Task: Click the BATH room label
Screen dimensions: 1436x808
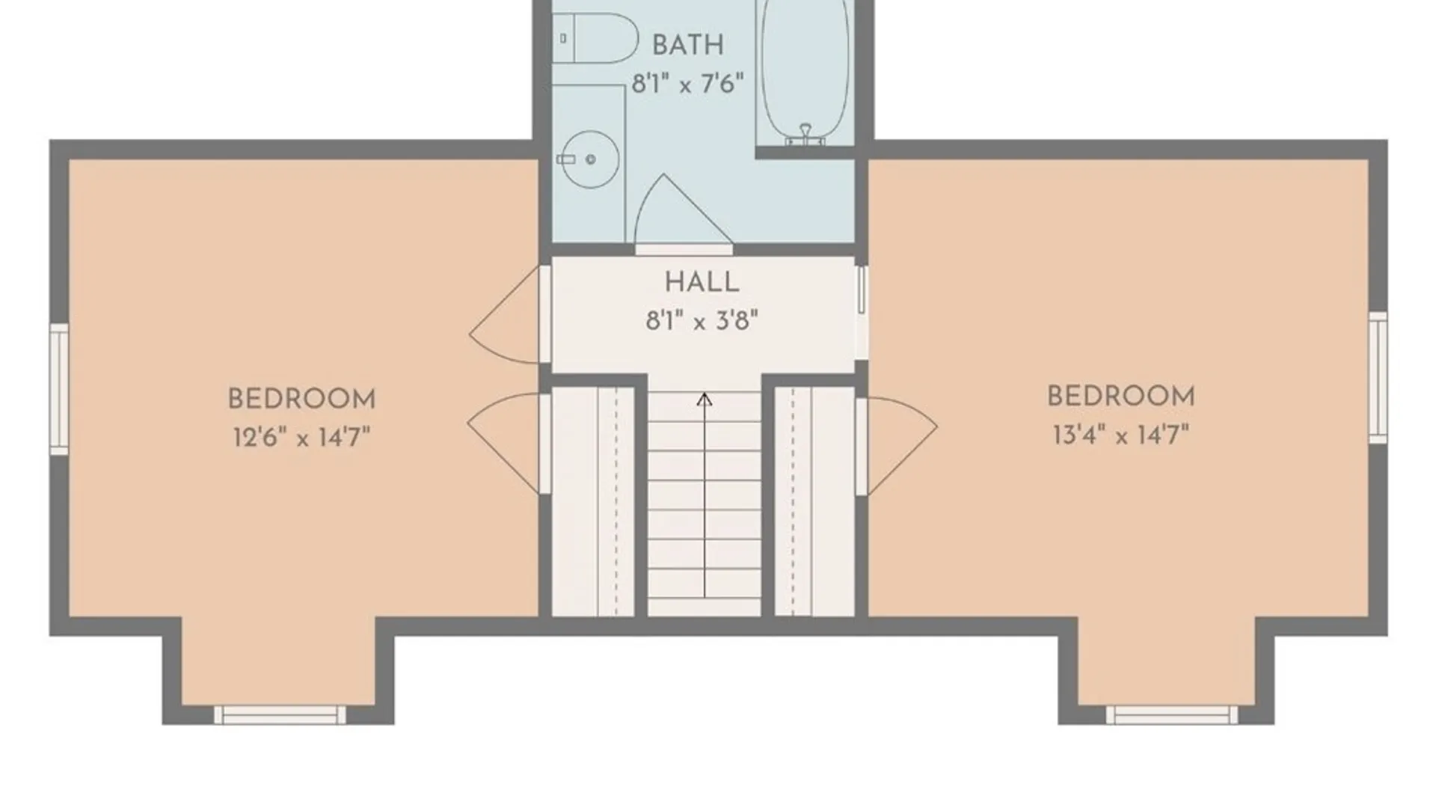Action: click(x=687, y=45)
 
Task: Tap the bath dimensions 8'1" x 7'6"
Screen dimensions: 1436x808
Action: click(x=687, y=83)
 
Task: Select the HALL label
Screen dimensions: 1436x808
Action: click(x=702, y=282)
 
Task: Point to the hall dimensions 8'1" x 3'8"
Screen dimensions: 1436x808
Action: click(x=702, y=321)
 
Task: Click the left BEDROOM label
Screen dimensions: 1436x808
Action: click(x=301, y=399)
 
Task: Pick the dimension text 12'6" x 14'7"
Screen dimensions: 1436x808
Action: click(x=301, y=436)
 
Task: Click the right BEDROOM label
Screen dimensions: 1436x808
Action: click(x=1120, y=396)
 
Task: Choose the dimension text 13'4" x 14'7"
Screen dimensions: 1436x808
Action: click(x=1120, y=434)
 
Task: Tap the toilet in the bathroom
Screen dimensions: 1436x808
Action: click(x=595, y=38)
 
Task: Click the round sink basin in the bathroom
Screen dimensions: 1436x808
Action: click(x=590, y=159)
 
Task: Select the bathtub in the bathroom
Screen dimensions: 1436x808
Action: click(x=805, y=72)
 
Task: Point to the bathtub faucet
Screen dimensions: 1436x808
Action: click(x=806, y=135)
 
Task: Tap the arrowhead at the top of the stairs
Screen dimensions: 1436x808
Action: click(x=704, y=400)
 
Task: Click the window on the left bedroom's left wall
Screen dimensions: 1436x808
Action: click(x=59, y=388)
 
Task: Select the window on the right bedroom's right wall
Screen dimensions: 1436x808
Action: click(x=1378, y=377)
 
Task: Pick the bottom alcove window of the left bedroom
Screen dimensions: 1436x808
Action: click(x=280, y=714)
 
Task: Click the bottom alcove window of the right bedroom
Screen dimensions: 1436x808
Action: click(x=1172, y=714)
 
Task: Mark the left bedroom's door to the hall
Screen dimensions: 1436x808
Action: click(x=505, y=315)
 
